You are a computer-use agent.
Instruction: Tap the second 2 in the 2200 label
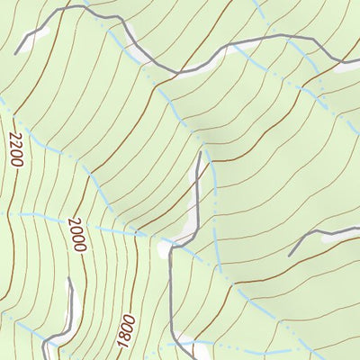coord(14,143)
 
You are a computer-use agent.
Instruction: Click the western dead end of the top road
coord(16,52)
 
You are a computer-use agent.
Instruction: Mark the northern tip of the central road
coord(199,152)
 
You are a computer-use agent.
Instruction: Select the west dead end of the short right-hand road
coord(290,255)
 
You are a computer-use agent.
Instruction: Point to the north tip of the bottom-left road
coord(70,279)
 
